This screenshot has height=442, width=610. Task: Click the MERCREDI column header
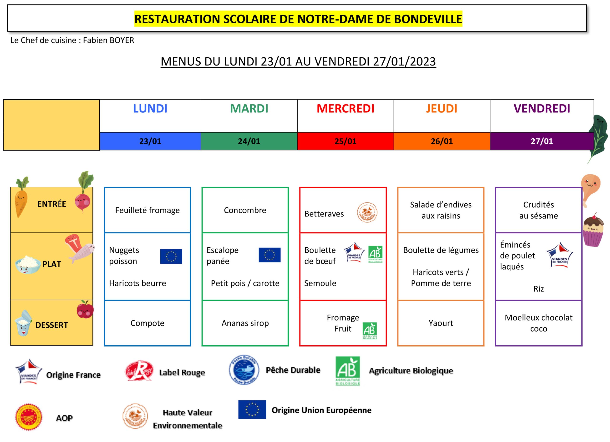tap(345, 109)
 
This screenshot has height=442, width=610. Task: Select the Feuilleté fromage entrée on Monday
tap(147, 210)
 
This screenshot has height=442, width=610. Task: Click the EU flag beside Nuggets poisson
tap(171, 256)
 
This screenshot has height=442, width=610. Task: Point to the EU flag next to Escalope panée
tap(269, 255)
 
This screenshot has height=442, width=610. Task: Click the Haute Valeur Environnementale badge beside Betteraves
tap(367, 213)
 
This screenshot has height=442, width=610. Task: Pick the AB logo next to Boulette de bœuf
tap(376, 254)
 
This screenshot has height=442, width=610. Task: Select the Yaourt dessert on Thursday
tap(441, 323)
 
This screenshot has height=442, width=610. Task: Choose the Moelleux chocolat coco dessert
tap(539, 323)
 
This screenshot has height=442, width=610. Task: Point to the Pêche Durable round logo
tap(244, 370)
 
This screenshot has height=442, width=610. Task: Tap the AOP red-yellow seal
tap(29, 417)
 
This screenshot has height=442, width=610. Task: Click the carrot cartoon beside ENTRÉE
tap(21, 197)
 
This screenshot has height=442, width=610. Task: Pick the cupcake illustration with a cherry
tap(593, 230)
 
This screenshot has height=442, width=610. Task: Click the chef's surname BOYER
tap(122, 40)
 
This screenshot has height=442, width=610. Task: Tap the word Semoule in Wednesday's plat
tap(320, 283)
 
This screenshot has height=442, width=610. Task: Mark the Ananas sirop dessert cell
tap(245, 323)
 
